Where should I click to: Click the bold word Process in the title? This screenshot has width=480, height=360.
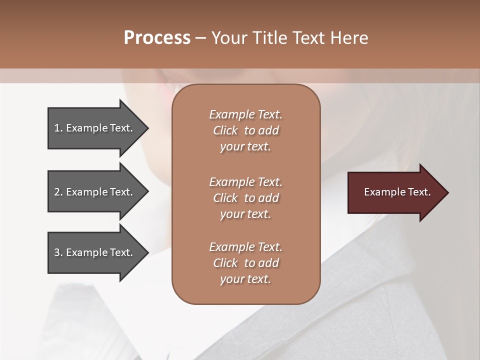157,38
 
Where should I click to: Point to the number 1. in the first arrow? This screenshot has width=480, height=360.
58,128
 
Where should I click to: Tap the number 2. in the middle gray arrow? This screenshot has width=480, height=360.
58,192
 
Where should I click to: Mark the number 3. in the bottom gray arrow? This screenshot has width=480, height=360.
58,252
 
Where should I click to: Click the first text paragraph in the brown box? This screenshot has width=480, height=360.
245,130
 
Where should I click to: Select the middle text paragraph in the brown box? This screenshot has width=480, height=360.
245,197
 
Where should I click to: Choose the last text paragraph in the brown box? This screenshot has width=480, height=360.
245,263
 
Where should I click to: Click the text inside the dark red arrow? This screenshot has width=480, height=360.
397,192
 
